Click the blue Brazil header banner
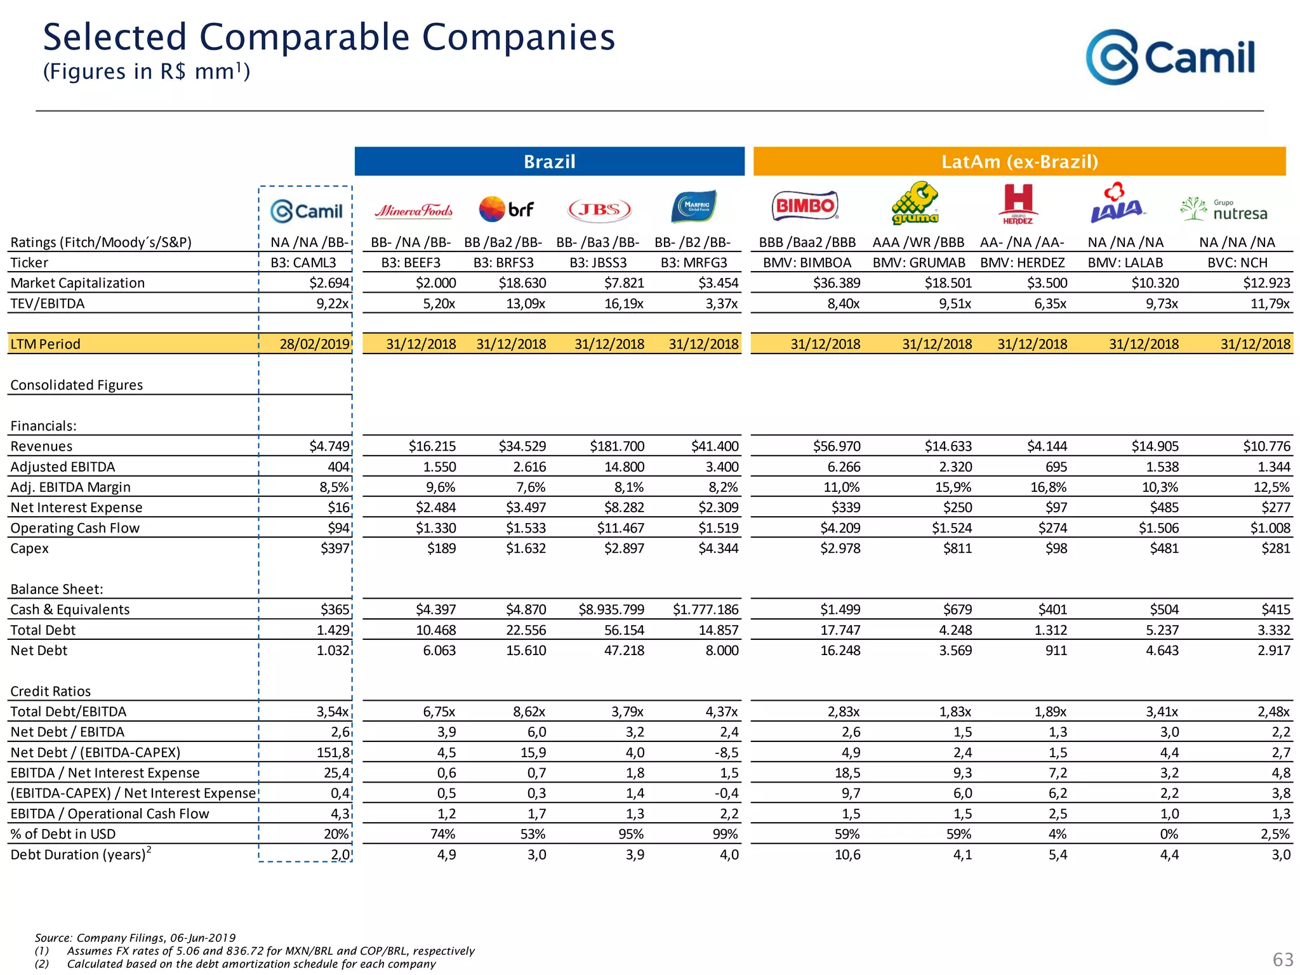549,161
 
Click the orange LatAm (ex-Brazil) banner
1019,161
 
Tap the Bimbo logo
805,206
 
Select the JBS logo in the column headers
599,209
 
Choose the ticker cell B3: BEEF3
411,263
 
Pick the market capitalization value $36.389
837,283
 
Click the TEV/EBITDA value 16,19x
623,303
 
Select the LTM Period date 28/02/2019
315,344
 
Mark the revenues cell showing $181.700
616,446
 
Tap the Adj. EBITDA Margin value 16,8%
1048,487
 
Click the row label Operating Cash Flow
75,528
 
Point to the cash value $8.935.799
611,609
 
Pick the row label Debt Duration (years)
79,854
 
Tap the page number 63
1282,959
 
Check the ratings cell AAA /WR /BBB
918,242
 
